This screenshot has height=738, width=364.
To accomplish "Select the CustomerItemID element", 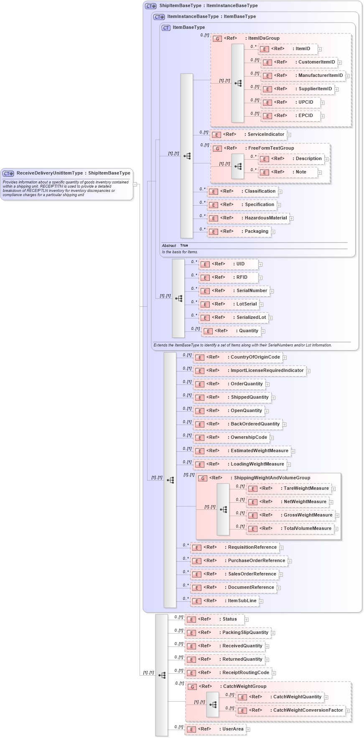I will point(316,62).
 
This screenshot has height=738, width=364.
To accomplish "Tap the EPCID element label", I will point(305,116).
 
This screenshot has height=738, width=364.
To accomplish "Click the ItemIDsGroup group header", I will point(263,38).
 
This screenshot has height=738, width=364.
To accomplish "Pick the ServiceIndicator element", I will point(265,135).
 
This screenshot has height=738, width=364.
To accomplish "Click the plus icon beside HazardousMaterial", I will point(292,219).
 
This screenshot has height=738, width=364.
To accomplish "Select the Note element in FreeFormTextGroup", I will point(300,172).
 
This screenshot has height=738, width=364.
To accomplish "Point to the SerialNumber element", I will point(252,291).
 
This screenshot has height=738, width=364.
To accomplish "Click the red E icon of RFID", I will point(205,278).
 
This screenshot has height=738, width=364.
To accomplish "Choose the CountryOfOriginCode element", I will point(255,357).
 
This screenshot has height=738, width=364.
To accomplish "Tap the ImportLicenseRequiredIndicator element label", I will point(267,371).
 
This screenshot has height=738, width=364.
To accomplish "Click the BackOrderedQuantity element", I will point(255,424).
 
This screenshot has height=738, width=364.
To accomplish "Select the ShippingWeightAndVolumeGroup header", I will point(272,478).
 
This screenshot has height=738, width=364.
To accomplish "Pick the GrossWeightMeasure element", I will point(308,515).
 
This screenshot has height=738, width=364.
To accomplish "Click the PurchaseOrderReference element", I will point(256,561).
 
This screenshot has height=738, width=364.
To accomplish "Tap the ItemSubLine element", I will point(242,601).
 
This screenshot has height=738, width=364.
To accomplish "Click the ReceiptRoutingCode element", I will point(245,673).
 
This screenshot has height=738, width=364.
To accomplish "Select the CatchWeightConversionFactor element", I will point(308,710).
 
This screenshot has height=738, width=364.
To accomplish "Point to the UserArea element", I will point(232,729).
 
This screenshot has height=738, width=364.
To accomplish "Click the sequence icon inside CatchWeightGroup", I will point(213,705).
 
